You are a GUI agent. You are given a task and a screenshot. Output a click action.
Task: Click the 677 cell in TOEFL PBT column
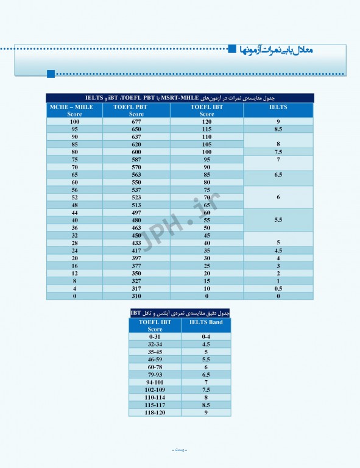136,122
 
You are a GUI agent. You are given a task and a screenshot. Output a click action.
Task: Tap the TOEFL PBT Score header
136,110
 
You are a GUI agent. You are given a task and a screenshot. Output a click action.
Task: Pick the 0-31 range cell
155,336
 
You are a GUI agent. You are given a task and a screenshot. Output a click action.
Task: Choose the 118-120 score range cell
155,413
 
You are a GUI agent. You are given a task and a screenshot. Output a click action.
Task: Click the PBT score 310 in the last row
136,296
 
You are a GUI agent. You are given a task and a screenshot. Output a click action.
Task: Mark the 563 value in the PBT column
136,174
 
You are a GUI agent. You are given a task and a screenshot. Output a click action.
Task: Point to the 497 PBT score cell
136,212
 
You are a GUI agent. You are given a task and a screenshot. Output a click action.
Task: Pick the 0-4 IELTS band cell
206,336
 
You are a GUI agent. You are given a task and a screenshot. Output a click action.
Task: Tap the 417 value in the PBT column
136,250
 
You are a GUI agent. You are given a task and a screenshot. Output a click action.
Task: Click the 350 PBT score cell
136,273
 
